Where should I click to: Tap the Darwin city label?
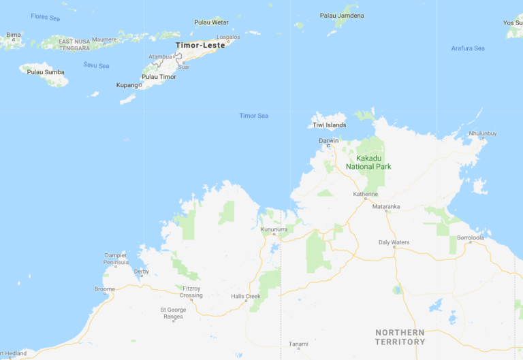328,140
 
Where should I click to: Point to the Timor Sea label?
253,116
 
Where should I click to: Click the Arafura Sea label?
468,48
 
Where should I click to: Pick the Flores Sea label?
45,18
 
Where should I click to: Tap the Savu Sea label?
96,65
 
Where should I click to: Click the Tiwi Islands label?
329,125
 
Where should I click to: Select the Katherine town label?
365,194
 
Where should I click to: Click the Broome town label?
105,289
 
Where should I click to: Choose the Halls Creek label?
246,296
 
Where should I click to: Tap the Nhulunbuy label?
483,133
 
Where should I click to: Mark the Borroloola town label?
471,238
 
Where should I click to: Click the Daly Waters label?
394,242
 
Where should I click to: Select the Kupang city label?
127,85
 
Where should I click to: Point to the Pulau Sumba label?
45,71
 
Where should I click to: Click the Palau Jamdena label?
342,16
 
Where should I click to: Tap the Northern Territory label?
400,337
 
